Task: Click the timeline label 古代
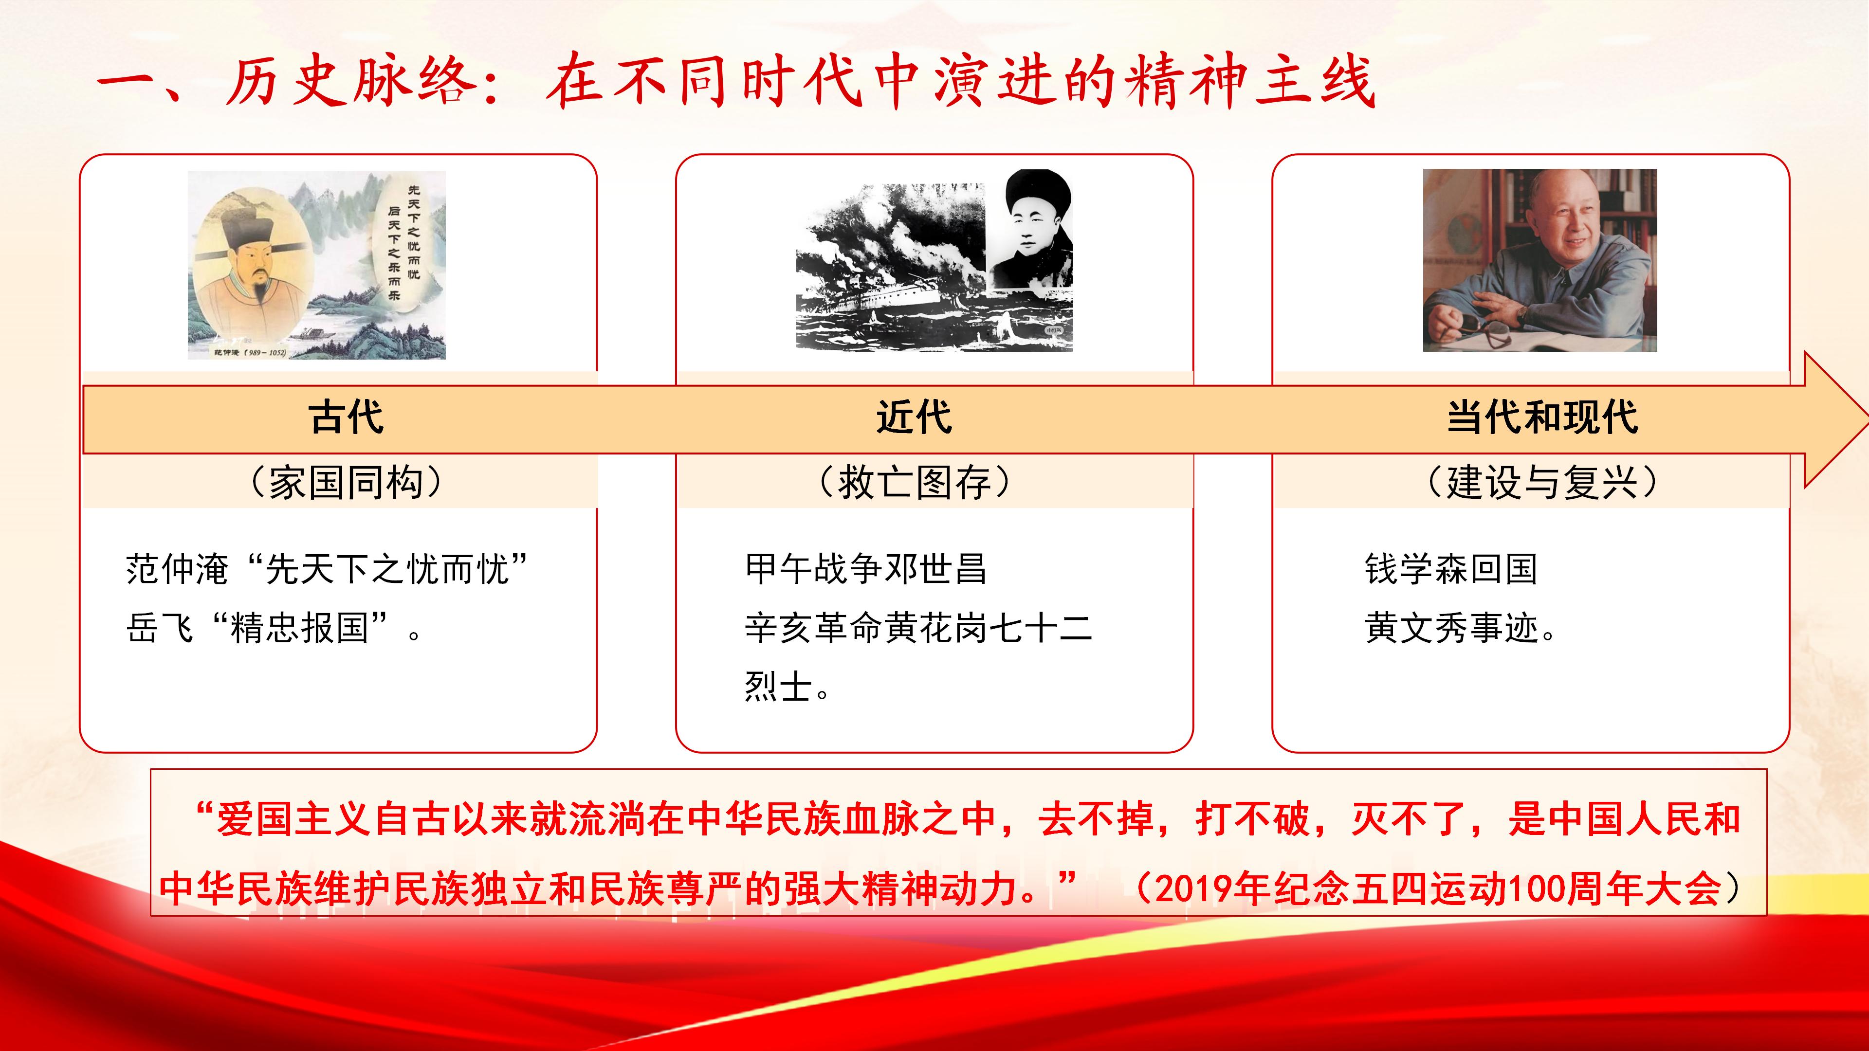346,418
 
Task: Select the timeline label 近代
914,418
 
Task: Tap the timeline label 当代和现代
1542,418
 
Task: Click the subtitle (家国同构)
346,482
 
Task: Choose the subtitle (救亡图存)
914,482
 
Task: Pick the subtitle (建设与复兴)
1542,482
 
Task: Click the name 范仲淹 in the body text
178,569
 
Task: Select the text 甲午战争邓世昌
865,569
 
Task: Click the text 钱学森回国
1451,569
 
